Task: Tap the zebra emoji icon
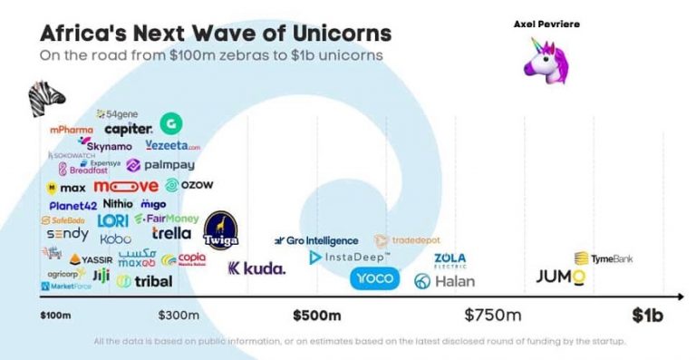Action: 46,96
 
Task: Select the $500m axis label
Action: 316,316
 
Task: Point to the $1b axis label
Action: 647,316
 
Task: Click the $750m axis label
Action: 493,316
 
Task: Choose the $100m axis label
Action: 56,316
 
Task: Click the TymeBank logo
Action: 603,258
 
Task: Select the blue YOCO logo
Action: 374,278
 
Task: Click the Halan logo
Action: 444,281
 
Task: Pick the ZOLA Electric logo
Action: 449,260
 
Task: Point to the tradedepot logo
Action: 407,240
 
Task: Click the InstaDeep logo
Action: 349,258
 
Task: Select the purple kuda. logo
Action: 256,268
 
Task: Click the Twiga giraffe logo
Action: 220,232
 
